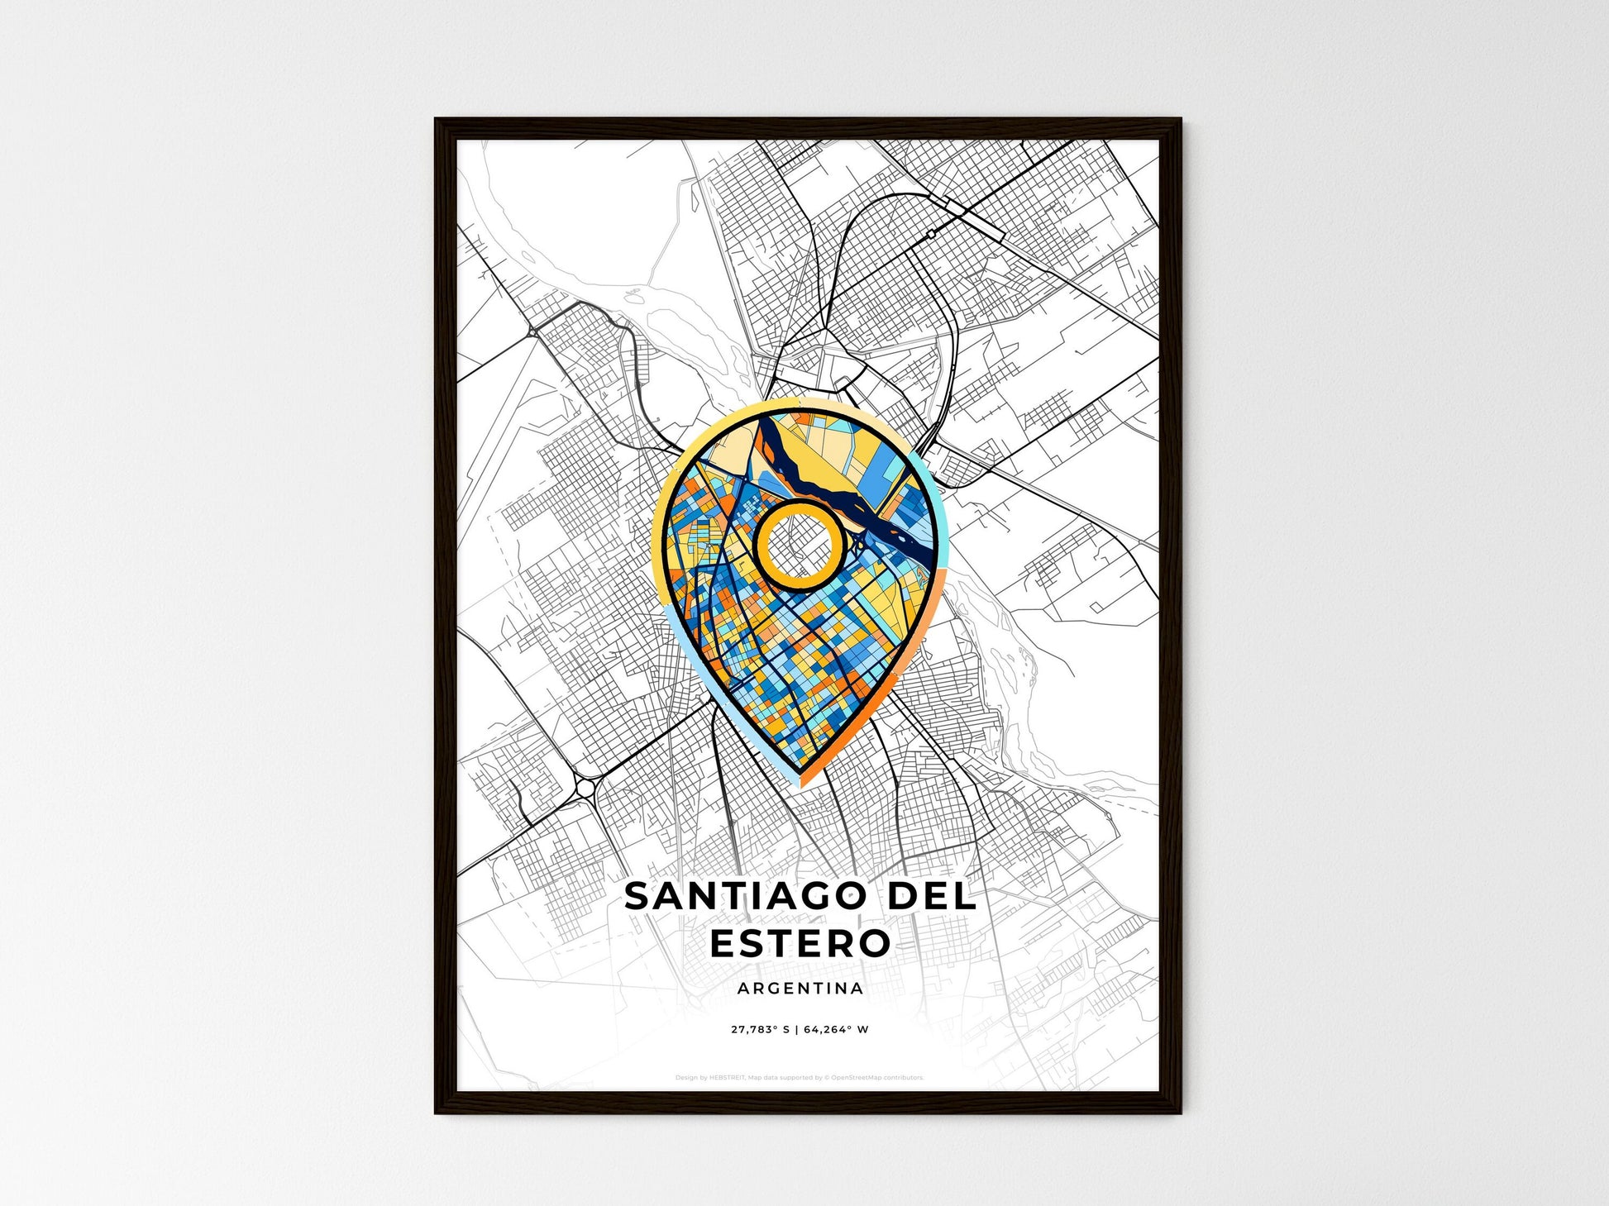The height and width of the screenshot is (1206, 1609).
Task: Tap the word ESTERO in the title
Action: point(800,943)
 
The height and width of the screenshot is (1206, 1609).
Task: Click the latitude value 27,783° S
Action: point(761,1030)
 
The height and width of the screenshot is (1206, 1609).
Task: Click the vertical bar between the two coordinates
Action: point(799,1030)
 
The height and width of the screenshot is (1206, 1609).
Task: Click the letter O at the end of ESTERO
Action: point(873,943)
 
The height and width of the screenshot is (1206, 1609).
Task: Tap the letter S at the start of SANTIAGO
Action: point(638,897)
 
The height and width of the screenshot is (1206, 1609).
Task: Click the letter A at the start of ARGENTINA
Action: point(742,989)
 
